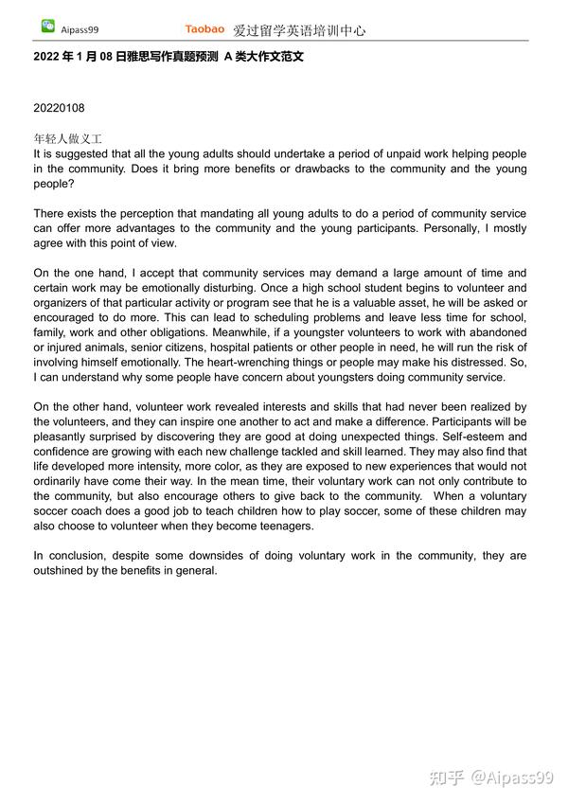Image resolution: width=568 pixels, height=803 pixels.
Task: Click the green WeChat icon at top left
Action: click(x=47, y=27)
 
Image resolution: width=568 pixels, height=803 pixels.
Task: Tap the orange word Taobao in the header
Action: click(x=204, y=29)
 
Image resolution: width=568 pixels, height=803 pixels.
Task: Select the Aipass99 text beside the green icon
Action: click(x=79, y=29)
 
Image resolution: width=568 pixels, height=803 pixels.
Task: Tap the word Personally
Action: click(x=450, y=228)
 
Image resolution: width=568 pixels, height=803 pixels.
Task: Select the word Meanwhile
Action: click(x=262, y=333)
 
